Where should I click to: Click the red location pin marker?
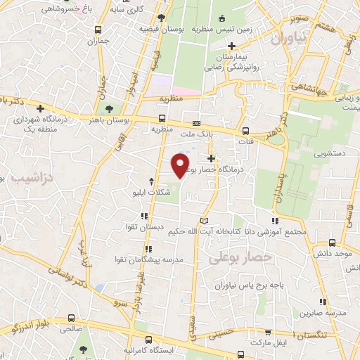click(x=181, y=165)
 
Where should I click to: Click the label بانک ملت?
click(x=195, y=133)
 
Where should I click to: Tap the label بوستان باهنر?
click(x=126, y=121)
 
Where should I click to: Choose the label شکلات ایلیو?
click(x=151, y=191)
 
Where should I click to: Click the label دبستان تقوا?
click(x=163, y=228)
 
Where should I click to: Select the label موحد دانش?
click(x=333, y=252)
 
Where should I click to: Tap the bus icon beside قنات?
click(x=245, y=131)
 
